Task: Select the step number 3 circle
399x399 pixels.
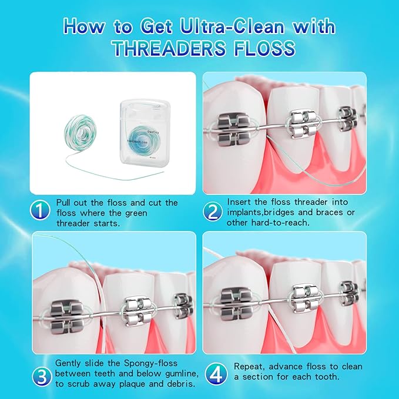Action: click(41, 374)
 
